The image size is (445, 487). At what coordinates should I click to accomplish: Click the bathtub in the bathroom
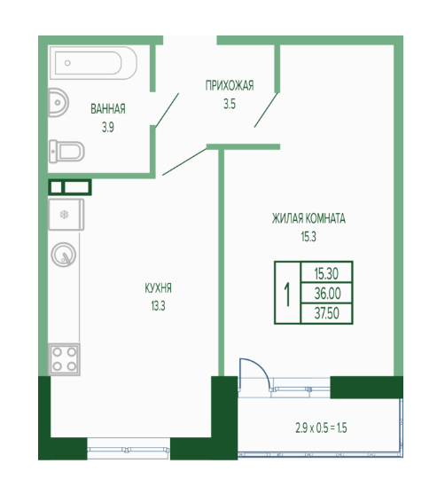[93, 63]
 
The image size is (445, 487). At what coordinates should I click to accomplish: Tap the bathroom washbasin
[58, 103]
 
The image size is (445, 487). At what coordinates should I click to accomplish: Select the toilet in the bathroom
[66, 152]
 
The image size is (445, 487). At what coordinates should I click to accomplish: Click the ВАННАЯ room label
[108, 109]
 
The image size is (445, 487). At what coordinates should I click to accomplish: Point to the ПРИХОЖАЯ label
[230, 85]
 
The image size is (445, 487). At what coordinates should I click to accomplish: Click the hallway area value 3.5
[230, 105]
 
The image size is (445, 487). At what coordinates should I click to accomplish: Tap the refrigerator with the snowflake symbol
[66, 215]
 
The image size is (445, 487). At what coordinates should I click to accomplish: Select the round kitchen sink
[64, 255]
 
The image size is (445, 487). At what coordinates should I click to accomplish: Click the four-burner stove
[64, 359]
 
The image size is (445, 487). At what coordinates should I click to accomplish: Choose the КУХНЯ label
[158, 288]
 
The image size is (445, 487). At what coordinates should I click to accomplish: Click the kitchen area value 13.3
[159, 306]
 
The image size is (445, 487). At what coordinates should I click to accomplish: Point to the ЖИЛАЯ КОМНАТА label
[308, 218]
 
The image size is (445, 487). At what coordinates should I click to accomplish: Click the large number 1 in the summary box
[287, 295]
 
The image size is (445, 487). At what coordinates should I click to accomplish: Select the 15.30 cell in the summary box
[326, 273]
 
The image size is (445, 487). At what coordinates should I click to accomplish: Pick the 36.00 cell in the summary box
[327, 294]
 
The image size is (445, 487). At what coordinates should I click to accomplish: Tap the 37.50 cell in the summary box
[327, 313]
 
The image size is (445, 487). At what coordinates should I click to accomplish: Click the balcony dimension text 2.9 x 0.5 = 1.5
[321, 428]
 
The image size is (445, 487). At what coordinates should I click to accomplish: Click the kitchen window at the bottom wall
[129, 449]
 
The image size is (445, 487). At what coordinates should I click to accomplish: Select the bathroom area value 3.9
[108, 128]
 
